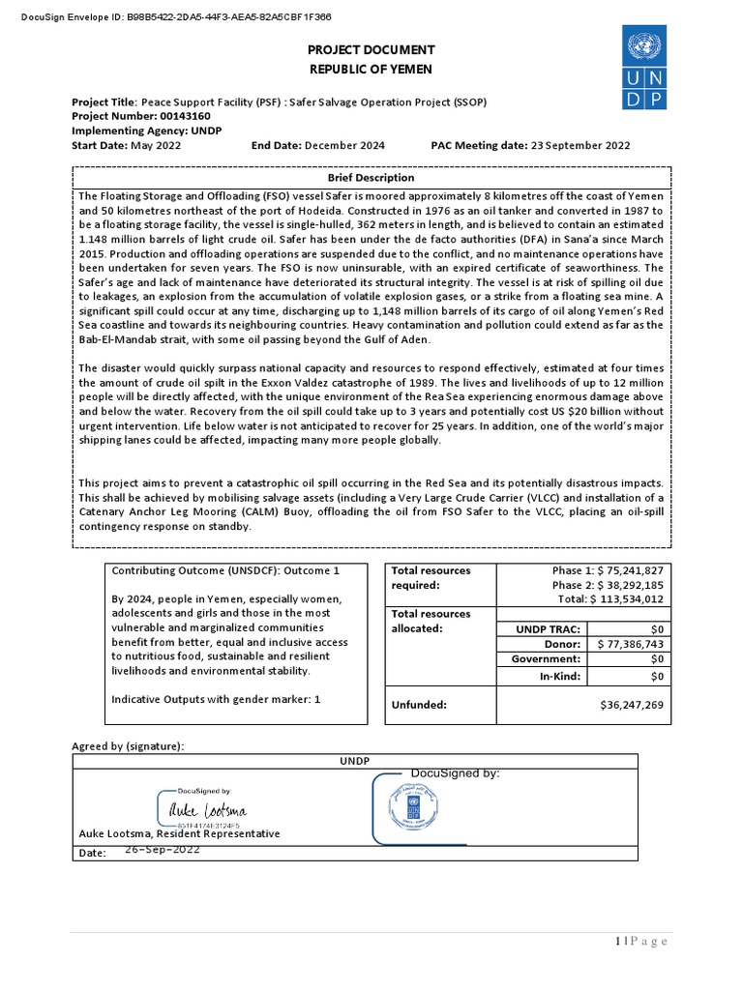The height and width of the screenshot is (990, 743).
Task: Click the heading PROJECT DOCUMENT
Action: point(371,49)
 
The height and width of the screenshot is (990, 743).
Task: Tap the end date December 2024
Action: point(344,145)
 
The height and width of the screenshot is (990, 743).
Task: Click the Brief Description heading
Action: point(371,178)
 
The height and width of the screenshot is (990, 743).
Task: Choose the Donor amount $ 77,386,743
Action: point(630,643)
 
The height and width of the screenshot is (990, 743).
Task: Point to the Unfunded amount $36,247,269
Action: point(632,705)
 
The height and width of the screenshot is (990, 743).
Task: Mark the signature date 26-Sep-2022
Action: point(163,850)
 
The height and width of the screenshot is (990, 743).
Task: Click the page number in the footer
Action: point(641,942)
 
